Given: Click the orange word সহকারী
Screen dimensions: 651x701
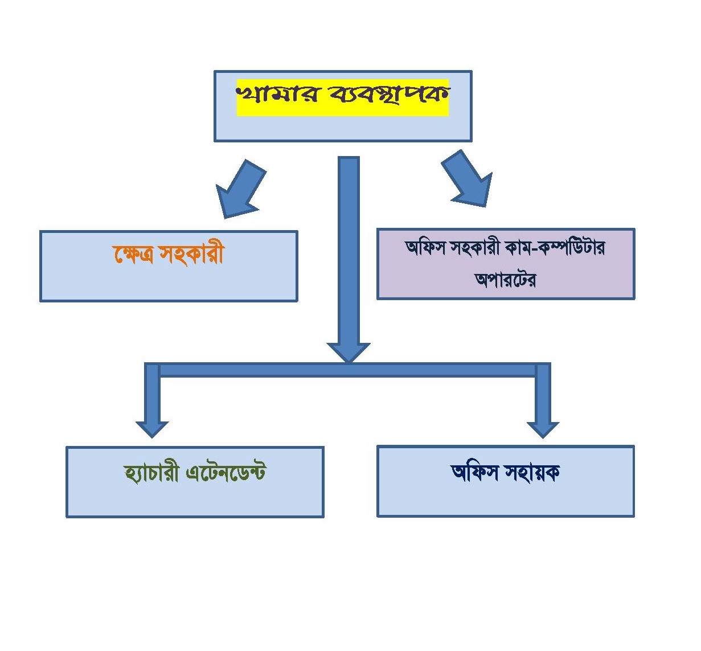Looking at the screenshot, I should (x=192, y=255).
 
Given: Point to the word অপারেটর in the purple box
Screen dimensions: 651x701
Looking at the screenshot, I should (x=505, y=279).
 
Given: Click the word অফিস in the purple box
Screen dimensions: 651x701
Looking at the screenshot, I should (x=425, y=248).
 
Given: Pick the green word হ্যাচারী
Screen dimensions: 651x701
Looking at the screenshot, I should (x=151, y=473).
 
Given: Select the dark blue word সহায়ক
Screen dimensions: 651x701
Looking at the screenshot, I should (x=530, y=473).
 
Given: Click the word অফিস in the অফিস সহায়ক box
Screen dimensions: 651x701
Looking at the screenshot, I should (x=474, y=473).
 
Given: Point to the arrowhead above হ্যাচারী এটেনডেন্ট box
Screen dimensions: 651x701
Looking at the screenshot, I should (x=152, y=428).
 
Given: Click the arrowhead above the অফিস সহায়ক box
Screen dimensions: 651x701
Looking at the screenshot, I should (x=543, y=428).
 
